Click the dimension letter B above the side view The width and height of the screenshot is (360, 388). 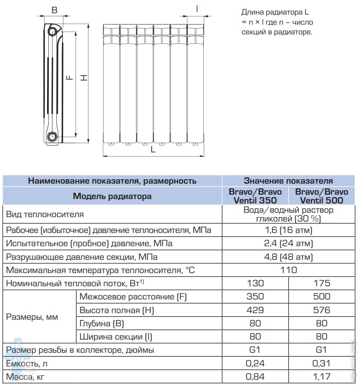[54, 10]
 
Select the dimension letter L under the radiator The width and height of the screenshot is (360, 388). [153, 149]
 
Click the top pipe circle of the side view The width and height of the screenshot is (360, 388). [54, 32]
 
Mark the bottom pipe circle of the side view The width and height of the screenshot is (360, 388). [53, 136]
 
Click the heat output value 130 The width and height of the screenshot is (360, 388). [255, 283]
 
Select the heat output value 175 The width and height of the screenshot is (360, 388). [322, 283]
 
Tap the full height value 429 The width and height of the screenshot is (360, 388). [255, 310]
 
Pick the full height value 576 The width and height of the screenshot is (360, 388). [322, 310]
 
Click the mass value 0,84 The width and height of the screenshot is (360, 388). [255, 377]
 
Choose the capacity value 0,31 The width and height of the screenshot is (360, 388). [322, 364]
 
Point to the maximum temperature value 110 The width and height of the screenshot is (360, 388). [288, 270]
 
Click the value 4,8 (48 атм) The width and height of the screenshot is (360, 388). [288, 257]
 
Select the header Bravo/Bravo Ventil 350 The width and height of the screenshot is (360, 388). [255, 196]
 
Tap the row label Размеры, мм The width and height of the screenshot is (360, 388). [32, 317]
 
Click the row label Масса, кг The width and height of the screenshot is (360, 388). [26, 377]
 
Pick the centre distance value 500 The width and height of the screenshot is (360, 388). [322, 297]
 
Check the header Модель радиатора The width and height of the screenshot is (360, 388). [112, 196]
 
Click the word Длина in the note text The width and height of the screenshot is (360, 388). [253, 12]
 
